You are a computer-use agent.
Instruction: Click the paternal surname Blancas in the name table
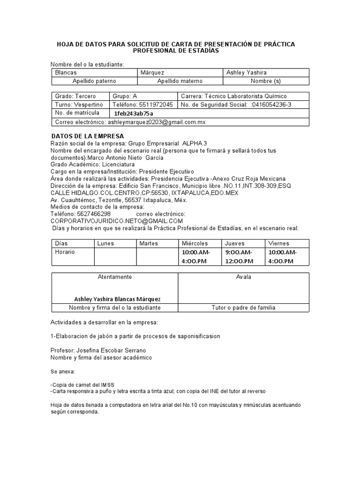click(x=66, y=73)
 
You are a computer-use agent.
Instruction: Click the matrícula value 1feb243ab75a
click(x=134, y=113)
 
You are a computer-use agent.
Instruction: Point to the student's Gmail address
click(x=157, y=122)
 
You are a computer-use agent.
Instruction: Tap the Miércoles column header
click(x=195, y=243)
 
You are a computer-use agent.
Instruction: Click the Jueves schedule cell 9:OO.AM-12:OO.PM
click(x=239, y=256)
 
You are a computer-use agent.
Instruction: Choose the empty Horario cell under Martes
click(x=157, y=256)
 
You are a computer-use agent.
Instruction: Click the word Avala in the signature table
click(x=243, y=277)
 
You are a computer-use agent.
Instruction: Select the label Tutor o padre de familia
click(x=243, y=307)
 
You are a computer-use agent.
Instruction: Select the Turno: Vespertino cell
click(x=79, y=105)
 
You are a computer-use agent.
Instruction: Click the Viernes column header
click(x=278, y=243)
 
